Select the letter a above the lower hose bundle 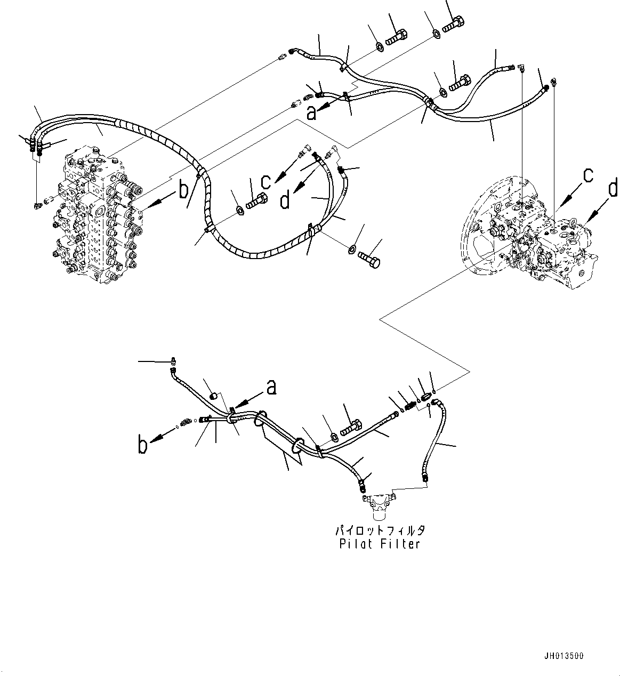coord(271,388)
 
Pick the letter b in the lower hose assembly coord(142,445)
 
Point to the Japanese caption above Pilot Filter coord(380,531)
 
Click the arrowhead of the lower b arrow coord(152,440)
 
